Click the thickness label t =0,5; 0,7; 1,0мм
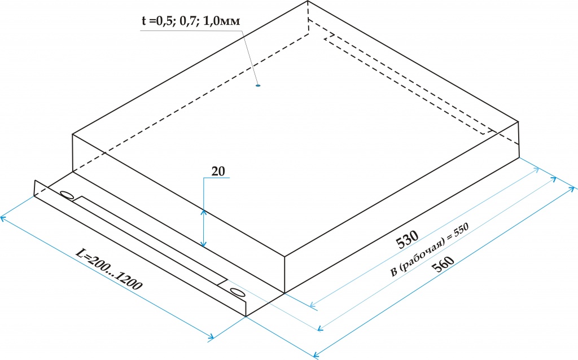(x=191, y=21)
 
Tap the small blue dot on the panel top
(x=258, y=86)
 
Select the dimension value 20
(x=218, y=172)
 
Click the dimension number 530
(x=408, y=240)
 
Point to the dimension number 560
(x=443, y=264)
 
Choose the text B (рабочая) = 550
(x=430, y=250)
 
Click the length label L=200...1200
(x=109, y=269)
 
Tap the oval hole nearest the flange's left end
(x=67, y=195)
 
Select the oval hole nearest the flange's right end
(x=237, y=292)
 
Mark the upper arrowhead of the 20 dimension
(x=203, y=212)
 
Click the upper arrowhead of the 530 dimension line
(x=537, y=169)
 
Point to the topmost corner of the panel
(x=308, y=1)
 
